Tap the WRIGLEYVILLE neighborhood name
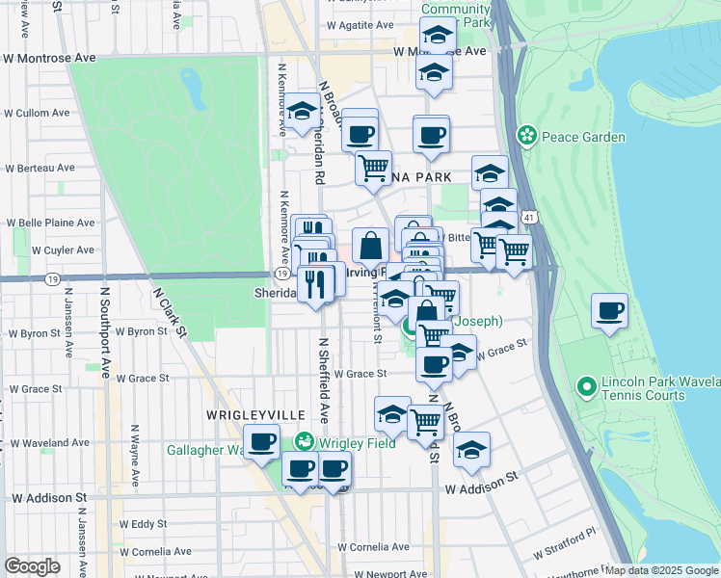tap(255, 414)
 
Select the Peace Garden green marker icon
tap(527, 136)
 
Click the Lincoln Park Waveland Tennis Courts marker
tap(584, 388)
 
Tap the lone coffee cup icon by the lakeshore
tap(610, 312)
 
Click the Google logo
tap(33, 566)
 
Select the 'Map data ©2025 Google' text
tap(662, 570)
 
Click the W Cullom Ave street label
tap(37, 113)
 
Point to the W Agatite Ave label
tap(360, 25)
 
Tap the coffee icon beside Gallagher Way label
tap(260, 443)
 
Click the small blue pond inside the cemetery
tap(192, 90)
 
